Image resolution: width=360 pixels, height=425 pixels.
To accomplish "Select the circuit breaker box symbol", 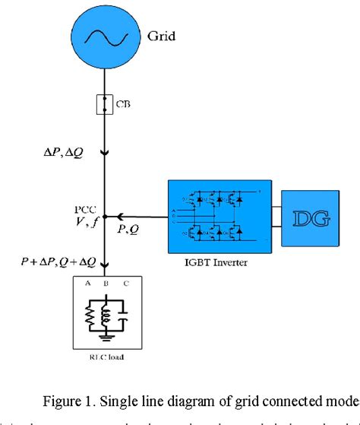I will [x=104, y=103].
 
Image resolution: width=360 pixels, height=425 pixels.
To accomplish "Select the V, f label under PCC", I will [x=84, y=222].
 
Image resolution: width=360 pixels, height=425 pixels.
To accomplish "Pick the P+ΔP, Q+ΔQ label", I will [x=58, y=262].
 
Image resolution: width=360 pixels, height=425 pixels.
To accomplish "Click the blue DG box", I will [x=308, y=218].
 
